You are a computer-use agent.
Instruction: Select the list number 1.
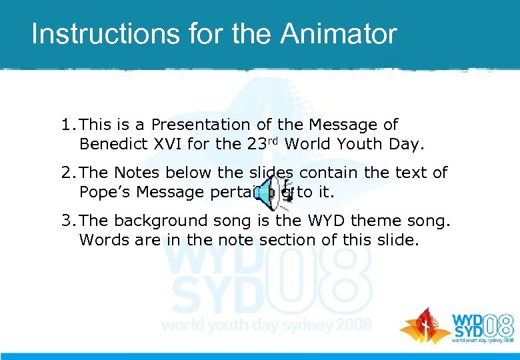pyautogui.click(x=66, y=125)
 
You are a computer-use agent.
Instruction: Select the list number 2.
pyautogui.click(x=66, y=173)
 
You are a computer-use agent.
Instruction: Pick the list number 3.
pyautogui.click(x=66, y=221)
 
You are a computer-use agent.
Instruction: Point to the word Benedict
pyautogui.click(x=110, y=144)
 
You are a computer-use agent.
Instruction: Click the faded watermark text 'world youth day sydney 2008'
pyautogui.click(x=267, y=326)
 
